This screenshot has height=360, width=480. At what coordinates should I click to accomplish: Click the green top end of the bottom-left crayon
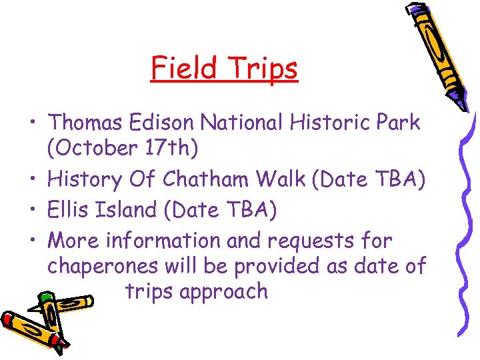[x=45, y=299]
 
